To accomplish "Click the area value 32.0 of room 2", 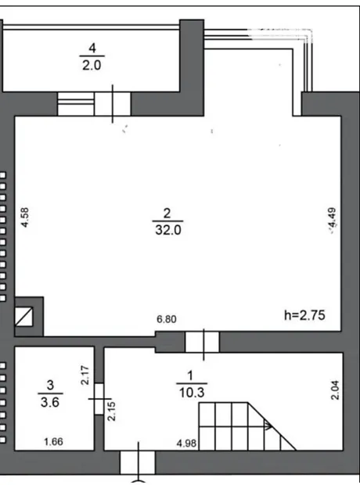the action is point(168,230).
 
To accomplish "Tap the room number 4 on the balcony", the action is point(92,48).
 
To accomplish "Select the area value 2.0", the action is point(92,65).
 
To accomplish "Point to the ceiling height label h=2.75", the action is point(305,315).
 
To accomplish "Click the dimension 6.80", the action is point(167,319).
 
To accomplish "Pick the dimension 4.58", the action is point(25,217).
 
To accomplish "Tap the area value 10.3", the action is point(192,393).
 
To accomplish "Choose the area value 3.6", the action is point(50,402).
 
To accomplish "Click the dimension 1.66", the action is point(53,442).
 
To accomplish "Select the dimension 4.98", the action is point(187,444).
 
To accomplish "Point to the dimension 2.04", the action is point(335,390).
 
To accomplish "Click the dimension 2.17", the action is point(85,375).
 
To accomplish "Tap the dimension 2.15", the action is point(111,411).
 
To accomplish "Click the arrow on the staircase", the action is point(268,426).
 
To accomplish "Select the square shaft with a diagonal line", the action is point(24,317).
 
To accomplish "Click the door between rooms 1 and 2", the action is point(202,342).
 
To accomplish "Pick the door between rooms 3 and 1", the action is point(99,399).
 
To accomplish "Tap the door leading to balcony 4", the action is point(113,104).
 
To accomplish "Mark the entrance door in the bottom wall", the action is point(138,462).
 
